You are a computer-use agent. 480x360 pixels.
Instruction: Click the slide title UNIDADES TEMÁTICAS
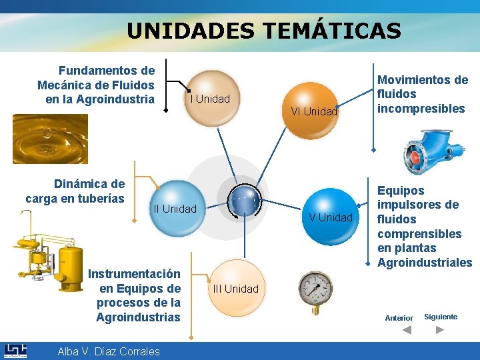coord(264,31)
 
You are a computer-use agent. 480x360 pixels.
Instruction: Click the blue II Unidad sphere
coord(175,209)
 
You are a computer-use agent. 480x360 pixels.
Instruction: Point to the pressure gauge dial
coord(315,292)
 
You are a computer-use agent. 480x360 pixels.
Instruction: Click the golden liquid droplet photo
coord(50,139)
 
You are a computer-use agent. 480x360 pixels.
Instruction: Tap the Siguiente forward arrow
coord(440,329)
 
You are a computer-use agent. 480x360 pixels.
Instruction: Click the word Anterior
coord(399,318)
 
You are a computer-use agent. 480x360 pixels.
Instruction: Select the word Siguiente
coord(441,317)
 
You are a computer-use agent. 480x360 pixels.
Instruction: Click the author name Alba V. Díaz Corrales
coord(109,351)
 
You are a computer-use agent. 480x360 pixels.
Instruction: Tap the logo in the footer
coord(15,351)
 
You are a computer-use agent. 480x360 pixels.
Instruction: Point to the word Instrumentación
coord(134,273)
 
